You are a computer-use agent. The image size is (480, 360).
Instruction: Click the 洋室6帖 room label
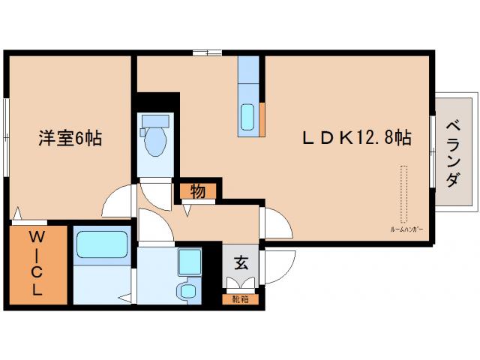(70, 138)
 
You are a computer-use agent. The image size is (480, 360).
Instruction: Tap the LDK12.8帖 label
(355, 138)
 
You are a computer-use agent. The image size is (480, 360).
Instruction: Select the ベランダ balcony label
(452, 154)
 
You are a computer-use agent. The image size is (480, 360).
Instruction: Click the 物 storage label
(197, 192)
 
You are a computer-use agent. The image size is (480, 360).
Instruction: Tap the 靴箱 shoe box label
(240, 299)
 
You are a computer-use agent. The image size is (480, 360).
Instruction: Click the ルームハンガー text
(405, 228)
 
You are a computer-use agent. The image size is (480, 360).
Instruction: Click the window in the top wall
(206, 52)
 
